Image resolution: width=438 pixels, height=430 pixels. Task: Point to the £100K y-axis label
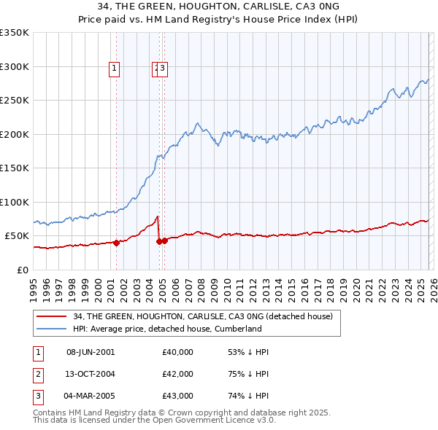pos(15,202)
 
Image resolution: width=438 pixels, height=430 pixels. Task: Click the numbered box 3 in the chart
pos(162,69)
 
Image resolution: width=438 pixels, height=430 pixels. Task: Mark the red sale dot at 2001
pos(116,243)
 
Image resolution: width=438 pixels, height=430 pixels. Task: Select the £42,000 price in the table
pos(178,374)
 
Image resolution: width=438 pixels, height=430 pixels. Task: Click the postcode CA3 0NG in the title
pos(280,7)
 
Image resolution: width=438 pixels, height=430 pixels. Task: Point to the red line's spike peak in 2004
pos(158,216)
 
